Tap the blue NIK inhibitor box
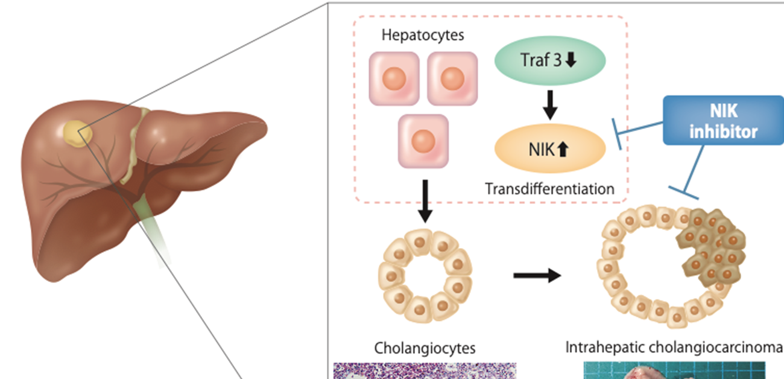(x=723, y=120)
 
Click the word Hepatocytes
(x=423, y=35)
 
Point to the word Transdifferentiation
(x=549, y=189)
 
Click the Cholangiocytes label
(x=425, y=348)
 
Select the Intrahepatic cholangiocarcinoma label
(x=674, y=348)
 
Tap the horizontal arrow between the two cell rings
(x=536, y=276)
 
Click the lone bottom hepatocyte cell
(x=423, y=141)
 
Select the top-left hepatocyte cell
(x=394, y=78)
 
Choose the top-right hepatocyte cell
(x=452, y=78)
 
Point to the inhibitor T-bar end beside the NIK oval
(x=617, y=133)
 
